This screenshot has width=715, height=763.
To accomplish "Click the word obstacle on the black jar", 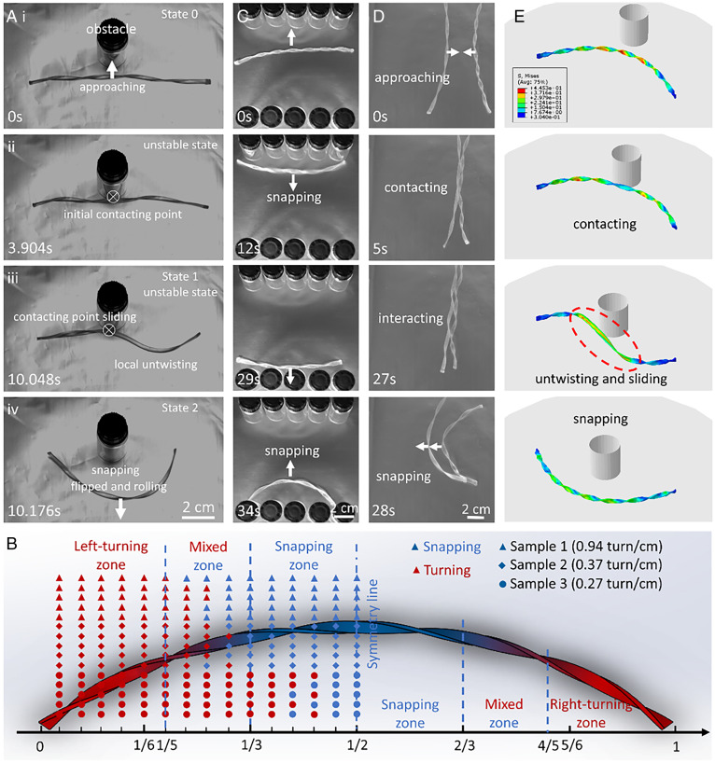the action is (x=113, y=30).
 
